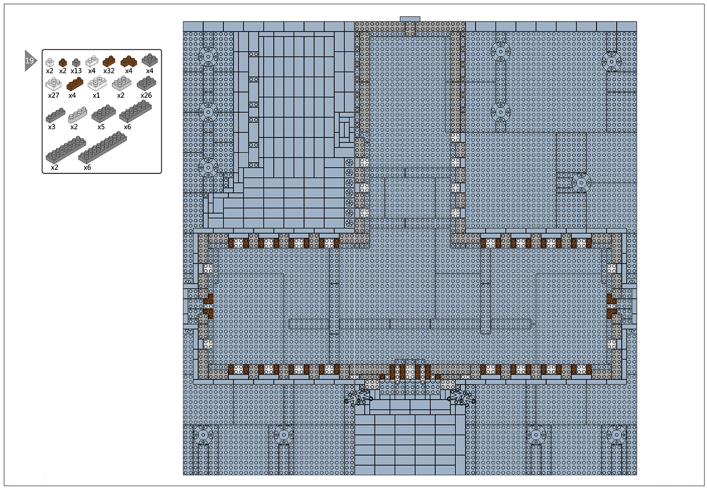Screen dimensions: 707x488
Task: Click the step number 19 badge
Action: [30, 60]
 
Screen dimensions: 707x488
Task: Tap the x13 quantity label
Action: [76, 71]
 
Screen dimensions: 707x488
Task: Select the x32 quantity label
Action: [109, 71]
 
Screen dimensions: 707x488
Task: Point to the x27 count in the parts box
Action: [53, 95]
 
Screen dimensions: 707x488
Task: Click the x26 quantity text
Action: [146, 95]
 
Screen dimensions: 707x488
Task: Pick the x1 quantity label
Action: [96, 95]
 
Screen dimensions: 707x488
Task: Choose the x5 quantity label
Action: [101, 127]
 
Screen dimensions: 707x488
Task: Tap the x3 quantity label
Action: [52, 127]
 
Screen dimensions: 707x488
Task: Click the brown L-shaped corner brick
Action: [129, 61]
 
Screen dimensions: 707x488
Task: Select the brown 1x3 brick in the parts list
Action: [75, 84]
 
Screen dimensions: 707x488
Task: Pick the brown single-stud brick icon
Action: [63, 62]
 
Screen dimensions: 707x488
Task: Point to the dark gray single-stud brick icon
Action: [76, 62]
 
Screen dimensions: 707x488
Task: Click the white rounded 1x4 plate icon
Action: [77, 114]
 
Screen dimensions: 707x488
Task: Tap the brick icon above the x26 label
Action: [146, 83]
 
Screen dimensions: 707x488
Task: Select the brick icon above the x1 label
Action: [97, 83]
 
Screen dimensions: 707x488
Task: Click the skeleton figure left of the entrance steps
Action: [358, 397]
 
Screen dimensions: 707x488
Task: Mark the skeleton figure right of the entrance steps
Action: [462, 397]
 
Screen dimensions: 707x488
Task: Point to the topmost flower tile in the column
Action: [349, 163]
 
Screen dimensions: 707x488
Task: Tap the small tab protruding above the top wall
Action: [409, 19]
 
